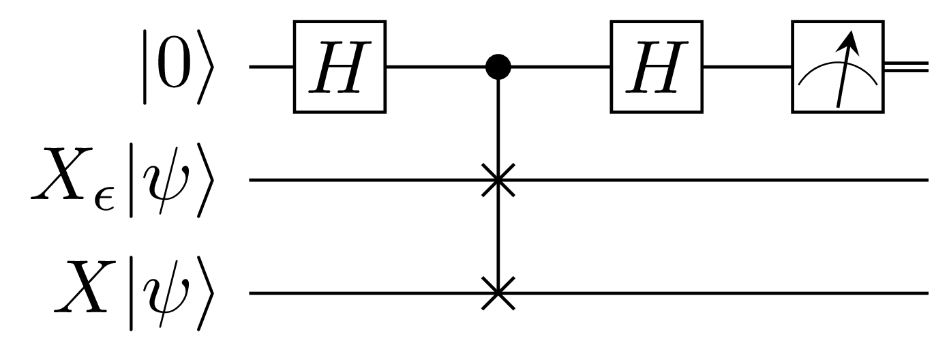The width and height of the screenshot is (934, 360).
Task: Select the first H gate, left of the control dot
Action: point(340,67)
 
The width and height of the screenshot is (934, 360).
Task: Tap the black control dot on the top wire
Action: point(499,67)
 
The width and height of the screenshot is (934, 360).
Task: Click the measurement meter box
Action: point(838,67)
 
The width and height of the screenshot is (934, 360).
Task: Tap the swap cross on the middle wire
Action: point(499,180)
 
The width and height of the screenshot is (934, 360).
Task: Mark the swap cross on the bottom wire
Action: point(499,293)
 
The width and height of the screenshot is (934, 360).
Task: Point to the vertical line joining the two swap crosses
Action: point(499,237)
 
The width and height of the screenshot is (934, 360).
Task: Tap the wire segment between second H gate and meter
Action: point(747,67)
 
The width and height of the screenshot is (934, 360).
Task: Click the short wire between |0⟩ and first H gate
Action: point(271,67)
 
